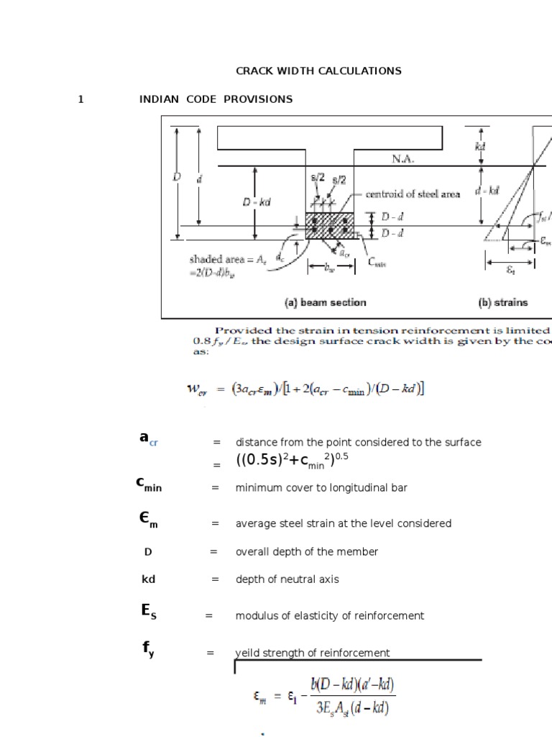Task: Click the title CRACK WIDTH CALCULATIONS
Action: pos(318,71)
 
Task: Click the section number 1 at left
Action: pos(81,99)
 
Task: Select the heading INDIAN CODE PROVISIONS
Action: pos(216,99)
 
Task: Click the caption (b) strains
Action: pos(502,303)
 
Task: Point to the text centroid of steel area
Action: pos(413,194)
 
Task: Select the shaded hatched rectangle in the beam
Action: pos(330,225)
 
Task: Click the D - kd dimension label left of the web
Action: pos(257,203)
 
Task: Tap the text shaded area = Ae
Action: pos(219,259)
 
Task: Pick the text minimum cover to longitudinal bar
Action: pos(321,488)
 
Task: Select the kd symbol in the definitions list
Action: pos(149,579)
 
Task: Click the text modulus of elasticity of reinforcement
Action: pos(329,616)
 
